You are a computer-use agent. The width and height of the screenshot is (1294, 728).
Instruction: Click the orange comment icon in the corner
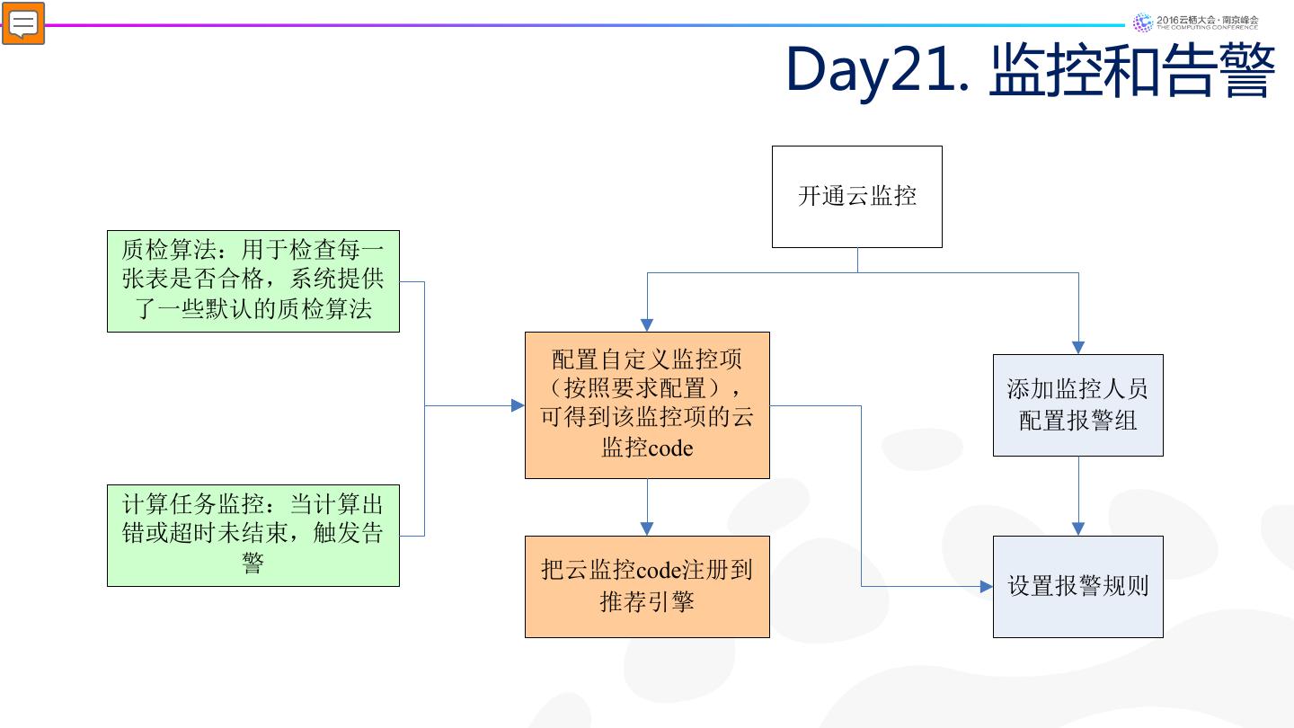tap(23, 23)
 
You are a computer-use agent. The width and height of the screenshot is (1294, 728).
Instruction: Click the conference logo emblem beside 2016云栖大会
tap(1143, 22)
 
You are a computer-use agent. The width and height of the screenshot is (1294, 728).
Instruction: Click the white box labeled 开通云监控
tap(857, 196)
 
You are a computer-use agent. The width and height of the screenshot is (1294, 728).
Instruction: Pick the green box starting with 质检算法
tap(253, 280)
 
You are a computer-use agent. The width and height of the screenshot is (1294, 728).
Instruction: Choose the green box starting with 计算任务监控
tap(253, 535)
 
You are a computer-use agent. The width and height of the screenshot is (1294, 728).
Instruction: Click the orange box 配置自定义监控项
tap(647, 404)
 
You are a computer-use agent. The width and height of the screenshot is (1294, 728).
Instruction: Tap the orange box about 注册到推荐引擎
tap(647, 586)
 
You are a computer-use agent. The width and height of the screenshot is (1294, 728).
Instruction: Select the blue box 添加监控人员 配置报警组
tap(1077, 404)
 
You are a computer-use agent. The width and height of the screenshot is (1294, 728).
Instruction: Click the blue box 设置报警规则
tap(1077, 586)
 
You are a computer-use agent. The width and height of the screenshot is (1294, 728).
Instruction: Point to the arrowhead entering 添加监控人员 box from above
tap(1078, 347)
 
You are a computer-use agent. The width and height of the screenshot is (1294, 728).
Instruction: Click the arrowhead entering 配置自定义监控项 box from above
tap(646, 324)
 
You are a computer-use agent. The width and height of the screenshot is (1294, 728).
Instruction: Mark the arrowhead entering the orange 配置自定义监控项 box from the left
tap(518, 406)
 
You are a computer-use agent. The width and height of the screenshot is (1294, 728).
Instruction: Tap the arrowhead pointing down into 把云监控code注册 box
tap(646, 528)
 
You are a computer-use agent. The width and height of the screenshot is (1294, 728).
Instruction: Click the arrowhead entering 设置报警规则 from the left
tap(986, 586)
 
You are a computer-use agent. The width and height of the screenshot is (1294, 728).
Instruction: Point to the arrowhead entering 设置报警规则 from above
tap(1078, 528)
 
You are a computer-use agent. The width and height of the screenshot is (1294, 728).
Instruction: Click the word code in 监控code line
tap(670, 448)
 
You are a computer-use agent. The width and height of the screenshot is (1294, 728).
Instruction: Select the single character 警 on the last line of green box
tap(253, 564)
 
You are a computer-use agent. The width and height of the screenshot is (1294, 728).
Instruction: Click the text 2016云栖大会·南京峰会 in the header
tap(1208, 19)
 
